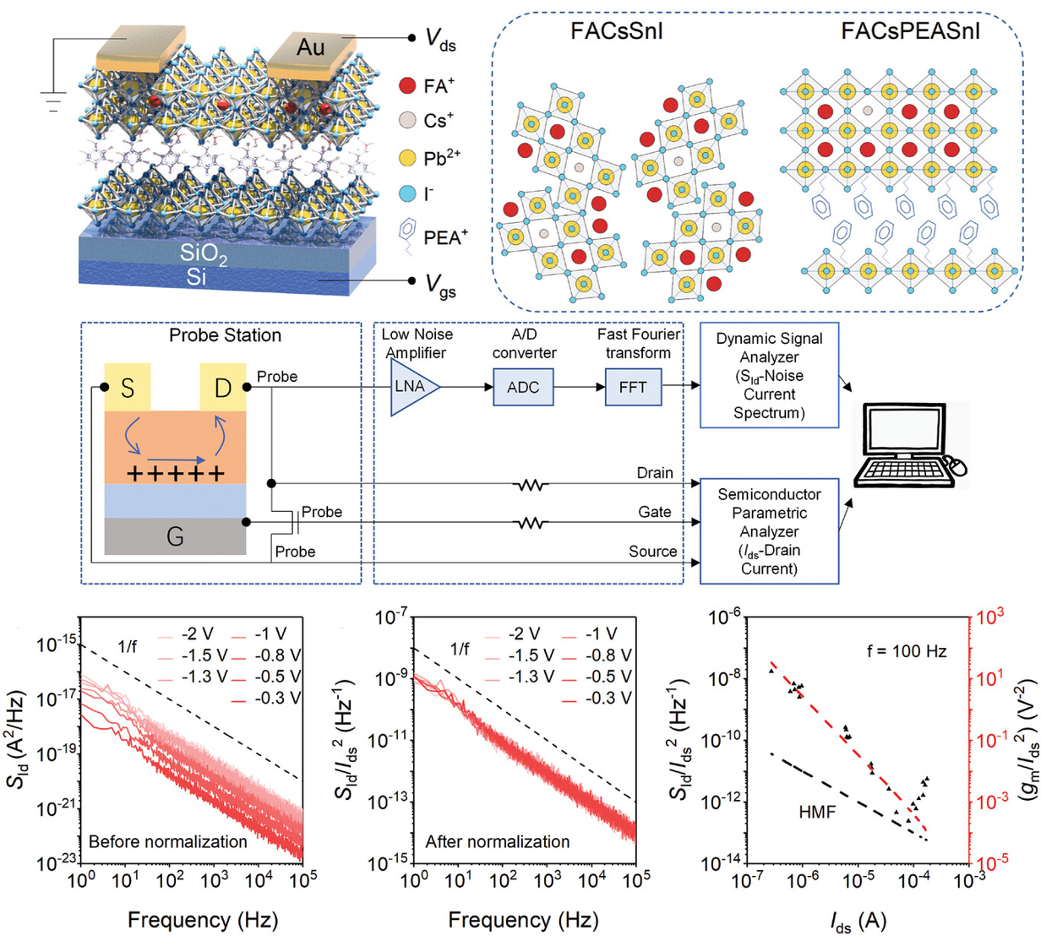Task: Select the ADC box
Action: pyautogui.click(x=523, y=388)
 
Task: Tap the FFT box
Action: pyautogui.click(x=633, y=388)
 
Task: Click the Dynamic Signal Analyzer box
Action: pyautogui.click(x=769, y=375)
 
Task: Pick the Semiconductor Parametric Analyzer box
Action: pyautogui.click(x=769, y=530)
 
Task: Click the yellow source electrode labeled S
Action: pyautogui.click(x=128, y=388)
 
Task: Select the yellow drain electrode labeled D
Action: pyautogui.click(x=223, y=388)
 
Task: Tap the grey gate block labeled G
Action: pyautogui.click(x=175, y=536)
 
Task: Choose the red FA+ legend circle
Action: pyautogui.click(x=408, y=86)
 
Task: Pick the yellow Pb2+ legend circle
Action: pyautogui.click(x=408, y=158)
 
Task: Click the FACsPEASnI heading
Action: pyautogui.click(x=910, y=32)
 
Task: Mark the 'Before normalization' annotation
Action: pyautogui.click(x=167, y=841)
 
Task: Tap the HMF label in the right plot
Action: pyautogui.click(x=817, y=812)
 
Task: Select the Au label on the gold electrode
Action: pyautogui.click(x=310, y=47)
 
